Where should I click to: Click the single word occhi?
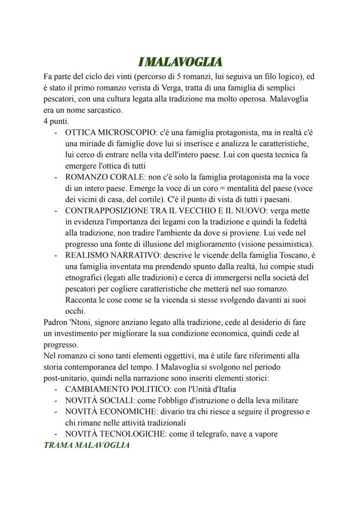click(x=74, y=311)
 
